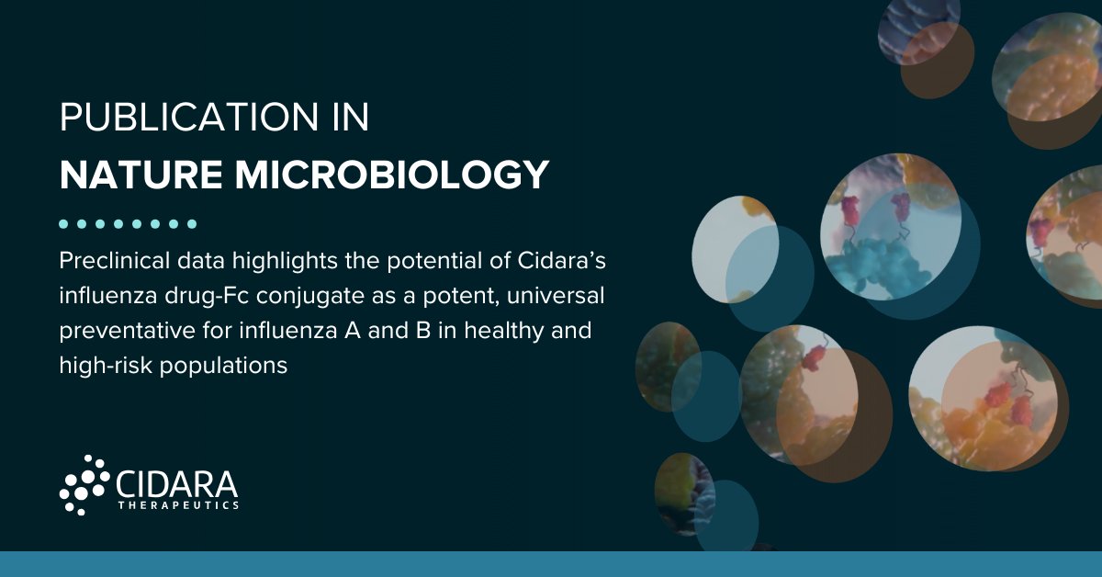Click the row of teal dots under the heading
coord(128,223)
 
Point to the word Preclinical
coord(114,262)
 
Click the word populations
coord(221,366)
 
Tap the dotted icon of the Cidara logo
coord(84,483)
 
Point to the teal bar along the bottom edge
coord(551,564)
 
